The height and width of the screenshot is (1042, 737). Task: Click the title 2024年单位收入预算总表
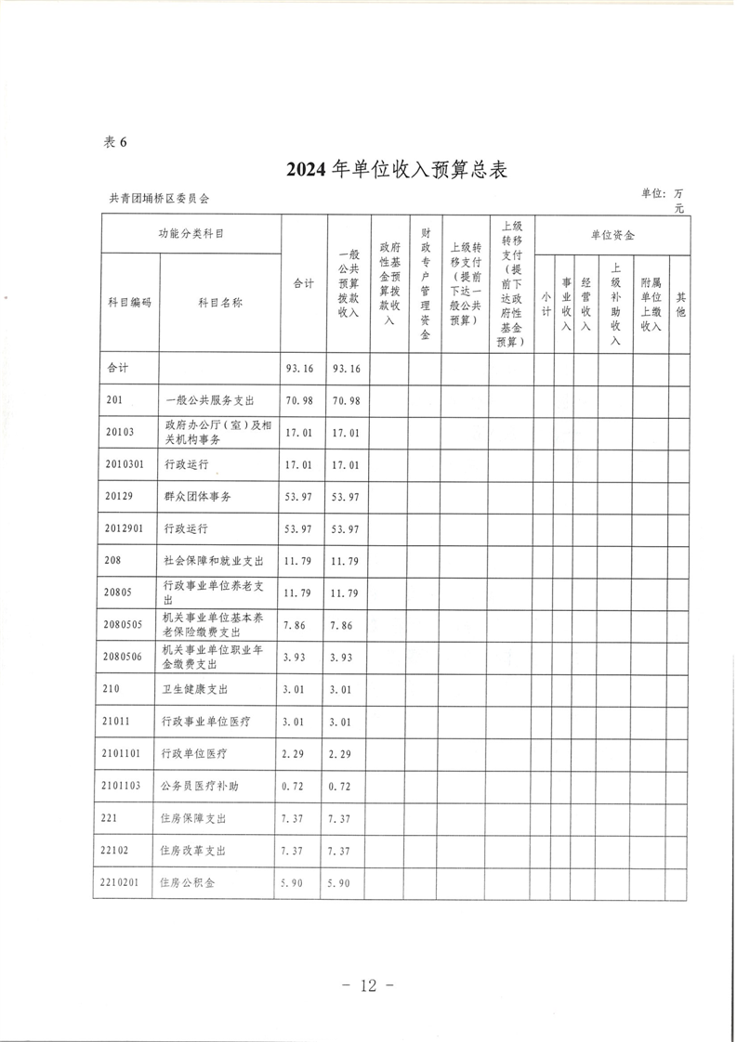395,169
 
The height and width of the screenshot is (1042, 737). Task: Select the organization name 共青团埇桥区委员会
160,199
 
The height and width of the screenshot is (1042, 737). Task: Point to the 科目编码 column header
129,302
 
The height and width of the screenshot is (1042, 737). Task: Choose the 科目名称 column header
219,302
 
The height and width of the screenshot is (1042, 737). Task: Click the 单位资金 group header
612,236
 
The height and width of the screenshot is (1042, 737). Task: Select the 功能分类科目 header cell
191,234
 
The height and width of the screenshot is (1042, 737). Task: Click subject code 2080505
123,623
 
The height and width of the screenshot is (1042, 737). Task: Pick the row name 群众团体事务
197,497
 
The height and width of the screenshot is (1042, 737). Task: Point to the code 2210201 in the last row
121,883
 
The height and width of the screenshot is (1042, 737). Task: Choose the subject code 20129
119,497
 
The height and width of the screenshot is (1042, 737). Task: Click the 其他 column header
680,304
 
